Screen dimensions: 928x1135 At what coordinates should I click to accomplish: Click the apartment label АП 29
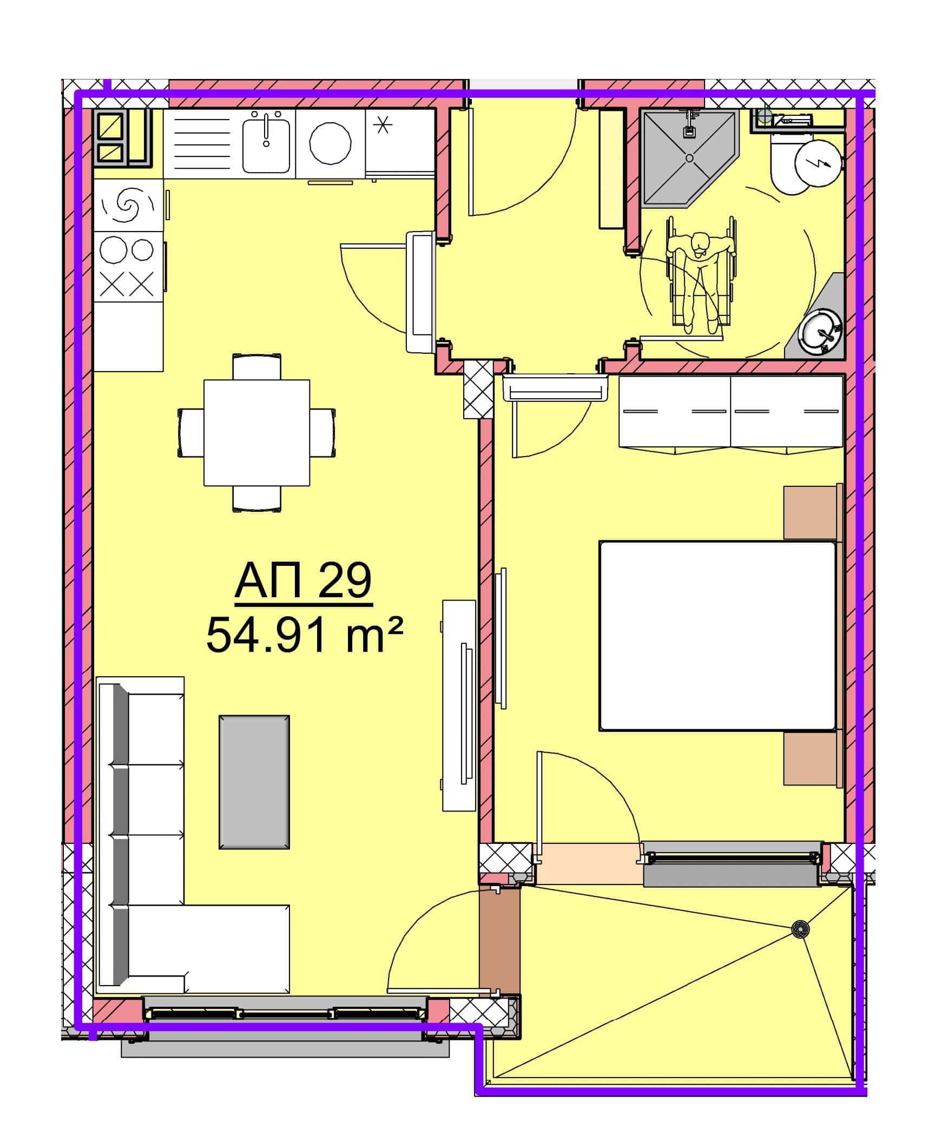(303, 580)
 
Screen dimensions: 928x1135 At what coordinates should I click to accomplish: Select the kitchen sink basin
(266, 146)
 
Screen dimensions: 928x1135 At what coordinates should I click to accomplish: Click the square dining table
(256, 432)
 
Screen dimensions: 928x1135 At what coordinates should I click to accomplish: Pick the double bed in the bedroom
(718, 636)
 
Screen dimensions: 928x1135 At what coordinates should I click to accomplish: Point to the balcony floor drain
(800, 929)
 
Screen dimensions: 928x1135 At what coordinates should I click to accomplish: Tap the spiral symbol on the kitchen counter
(128, 204)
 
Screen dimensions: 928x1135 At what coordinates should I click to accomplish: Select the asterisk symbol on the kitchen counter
(384, 126)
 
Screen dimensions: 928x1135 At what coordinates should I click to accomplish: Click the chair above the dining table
(257, 366)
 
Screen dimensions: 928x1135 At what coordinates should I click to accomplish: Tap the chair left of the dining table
(191, 432)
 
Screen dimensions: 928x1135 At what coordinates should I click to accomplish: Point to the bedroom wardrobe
(730, 413)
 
